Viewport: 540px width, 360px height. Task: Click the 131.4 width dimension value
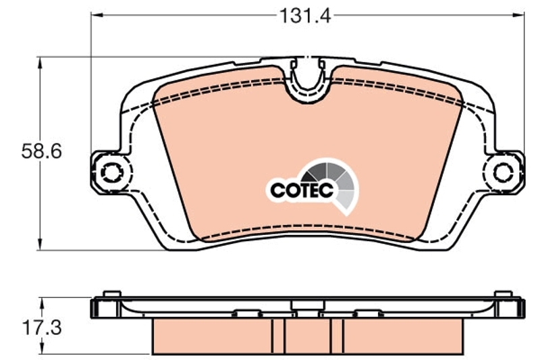tap(305, 16)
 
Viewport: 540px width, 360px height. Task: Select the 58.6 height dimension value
tap(42, 151)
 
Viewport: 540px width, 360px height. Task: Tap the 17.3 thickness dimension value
tap(42, 328)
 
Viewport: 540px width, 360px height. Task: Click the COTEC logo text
tap(302, 190)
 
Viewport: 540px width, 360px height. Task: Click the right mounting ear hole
tap(503, 173)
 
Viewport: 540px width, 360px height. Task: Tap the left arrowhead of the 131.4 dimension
tap(97, 15)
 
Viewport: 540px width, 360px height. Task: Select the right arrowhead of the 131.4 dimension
tap(518, 15)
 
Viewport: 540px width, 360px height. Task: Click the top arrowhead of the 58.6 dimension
tap(40, 63)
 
